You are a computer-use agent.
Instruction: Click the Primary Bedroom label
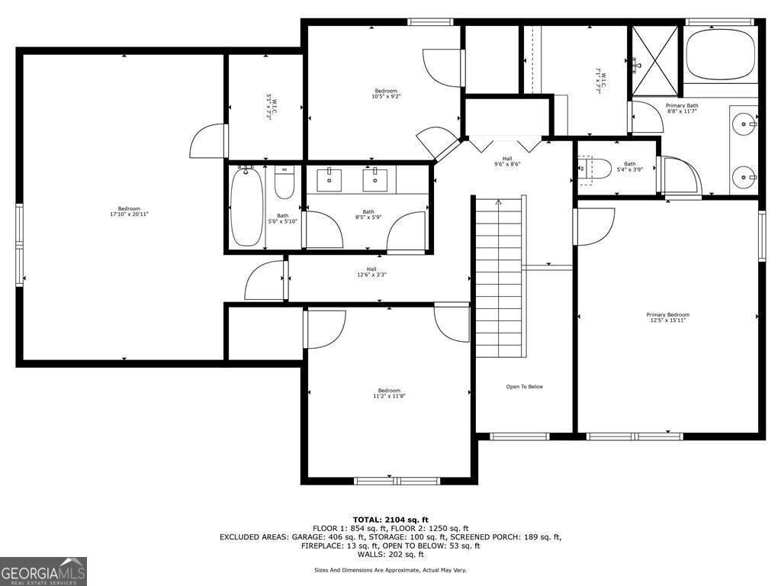(667, 317)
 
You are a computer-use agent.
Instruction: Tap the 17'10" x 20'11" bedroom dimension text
(129, 214)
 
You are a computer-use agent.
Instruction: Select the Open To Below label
(525, 387)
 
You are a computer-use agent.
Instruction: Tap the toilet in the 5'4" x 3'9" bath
(596, 169)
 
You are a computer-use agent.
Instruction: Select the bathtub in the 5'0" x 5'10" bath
(246, 207)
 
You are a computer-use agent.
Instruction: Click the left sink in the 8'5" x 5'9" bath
(331, 180)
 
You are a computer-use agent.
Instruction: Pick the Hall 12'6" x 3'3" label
(371, 272)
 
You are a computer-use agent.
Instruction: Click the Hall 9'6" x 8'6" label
(507, 161)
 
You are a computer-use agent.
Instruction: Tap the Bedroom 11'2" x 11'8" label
(388, 393)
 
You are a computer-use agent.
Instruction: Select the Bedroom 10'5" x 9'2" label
(385, 94)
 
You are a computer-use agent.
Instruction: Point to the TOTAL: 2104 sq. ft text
(390, 519)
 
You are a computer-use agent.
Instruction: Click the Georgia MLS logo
(43, 571)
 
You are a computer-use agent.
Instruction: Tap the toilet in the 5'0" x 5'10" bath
(284, 185)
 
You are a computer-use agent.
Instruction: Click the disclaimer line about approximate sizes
(390, 570)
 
